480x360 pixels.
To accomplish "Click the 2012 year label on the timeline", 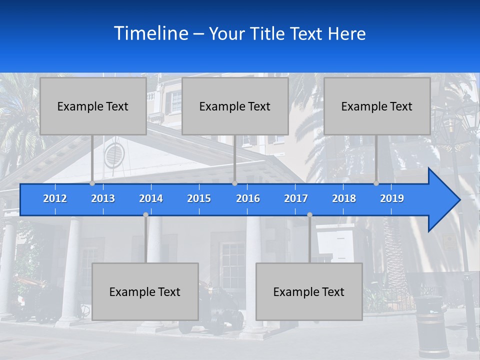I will [55, 198].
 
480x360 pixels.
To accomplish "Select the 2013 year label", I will [103, 198].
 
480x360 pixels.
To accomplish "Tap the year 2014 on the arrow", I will [151, 198].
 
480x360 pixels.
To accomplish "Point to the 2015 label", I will [199, 198].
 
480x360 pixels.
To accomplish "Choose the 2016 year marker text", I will [248, 198].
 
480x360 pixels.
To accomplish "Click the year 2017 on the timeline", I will [296, 198].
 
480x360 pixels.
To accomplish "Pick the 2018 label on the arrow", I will [344, 198].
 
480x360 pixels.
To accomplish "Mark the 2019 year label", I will [392, 198].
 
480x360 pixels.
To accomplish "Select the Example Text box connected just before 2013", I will [93, 106].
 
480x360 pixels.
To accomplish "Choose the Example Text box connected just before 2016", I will [235, 106].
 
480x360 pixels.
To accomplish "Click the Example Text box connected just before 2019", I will [377, 106].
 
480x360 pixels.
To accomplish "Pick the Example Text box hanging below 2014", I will [145, 291].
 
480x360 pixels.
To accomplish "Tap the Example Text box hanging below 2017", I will [309, 291].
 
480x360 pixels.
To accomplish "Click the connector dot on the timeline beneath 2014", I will [145, 215].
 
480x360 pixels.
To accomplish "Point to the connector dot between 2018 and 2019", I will [376, 183].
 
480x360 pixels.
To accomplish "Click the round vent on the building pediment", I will [113, 155].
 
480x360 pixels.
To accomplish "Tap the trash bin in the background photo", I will [429, 325].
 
